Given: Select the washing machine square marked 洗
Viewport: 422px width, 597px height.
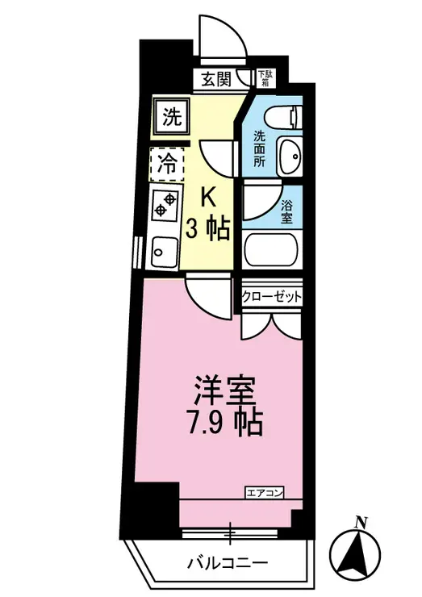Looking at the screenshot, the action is (x=171, y=116).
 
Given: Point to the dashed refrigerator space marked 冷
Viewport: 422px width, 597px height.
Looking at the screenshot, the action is (x=167, y=164).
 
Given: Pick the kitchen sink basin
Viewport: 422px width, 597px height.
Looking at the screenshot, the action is (x=165, y=252).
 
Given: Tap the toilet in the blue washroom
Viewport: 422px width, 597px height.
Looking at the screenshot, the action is (x=284, y=117).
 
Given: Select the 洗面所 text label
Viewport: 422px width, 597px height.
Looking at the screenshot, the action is (x=260, y=149).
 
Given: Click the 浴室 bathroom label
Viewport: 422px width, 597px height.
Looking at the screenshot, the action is (x=286, y=212).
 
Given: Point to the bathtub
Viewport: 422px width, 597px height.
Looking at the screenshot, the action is (x=273, y=250).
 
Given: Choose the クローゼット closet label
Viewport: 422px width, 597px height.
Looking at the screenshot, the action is (x=272, y=296).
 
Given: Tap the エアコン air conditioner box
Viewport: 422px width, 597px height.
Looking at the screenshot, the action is (x=265, y=493).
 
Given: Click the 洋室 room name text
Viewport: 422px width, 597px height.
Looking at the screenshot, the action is (x=224, y=390).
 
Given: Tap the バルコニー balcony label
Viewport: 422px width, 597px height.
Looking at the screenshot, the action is (x=228, y=562).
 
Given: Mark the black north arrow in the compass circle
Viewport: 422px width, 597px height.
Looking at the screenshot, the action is (x=355, y=553).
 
